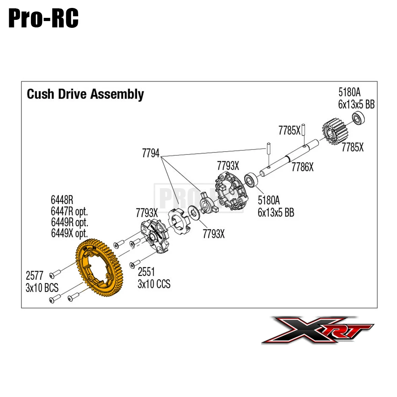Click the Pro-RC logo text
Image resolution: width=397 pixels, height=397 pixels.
[x=43, y=19]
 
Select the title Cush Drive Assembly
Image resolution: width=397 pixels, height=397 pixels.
[x=85, y=94]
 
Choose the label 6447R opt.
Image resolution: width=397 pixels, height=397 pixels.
[x=69, y=211]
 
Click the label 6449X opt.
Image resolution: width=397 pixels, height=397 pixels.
[x=69, y=233]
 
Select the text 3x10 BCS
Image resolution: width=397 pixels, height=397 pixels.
[x=42, y=288]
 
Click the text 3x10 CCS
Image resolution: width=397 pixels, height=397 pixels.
[x=154, y=284]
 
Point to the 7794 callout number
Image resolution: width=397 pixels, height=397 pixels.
[x=151, y=153]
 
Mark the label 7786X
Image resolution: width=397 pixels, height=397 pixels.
[x=303, y=168]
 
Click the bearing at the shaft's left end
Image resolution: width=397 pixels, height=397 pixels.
[x=251, y=180]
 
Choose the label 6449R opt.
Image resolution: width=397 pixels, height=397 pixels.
[x=70, y=222]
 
